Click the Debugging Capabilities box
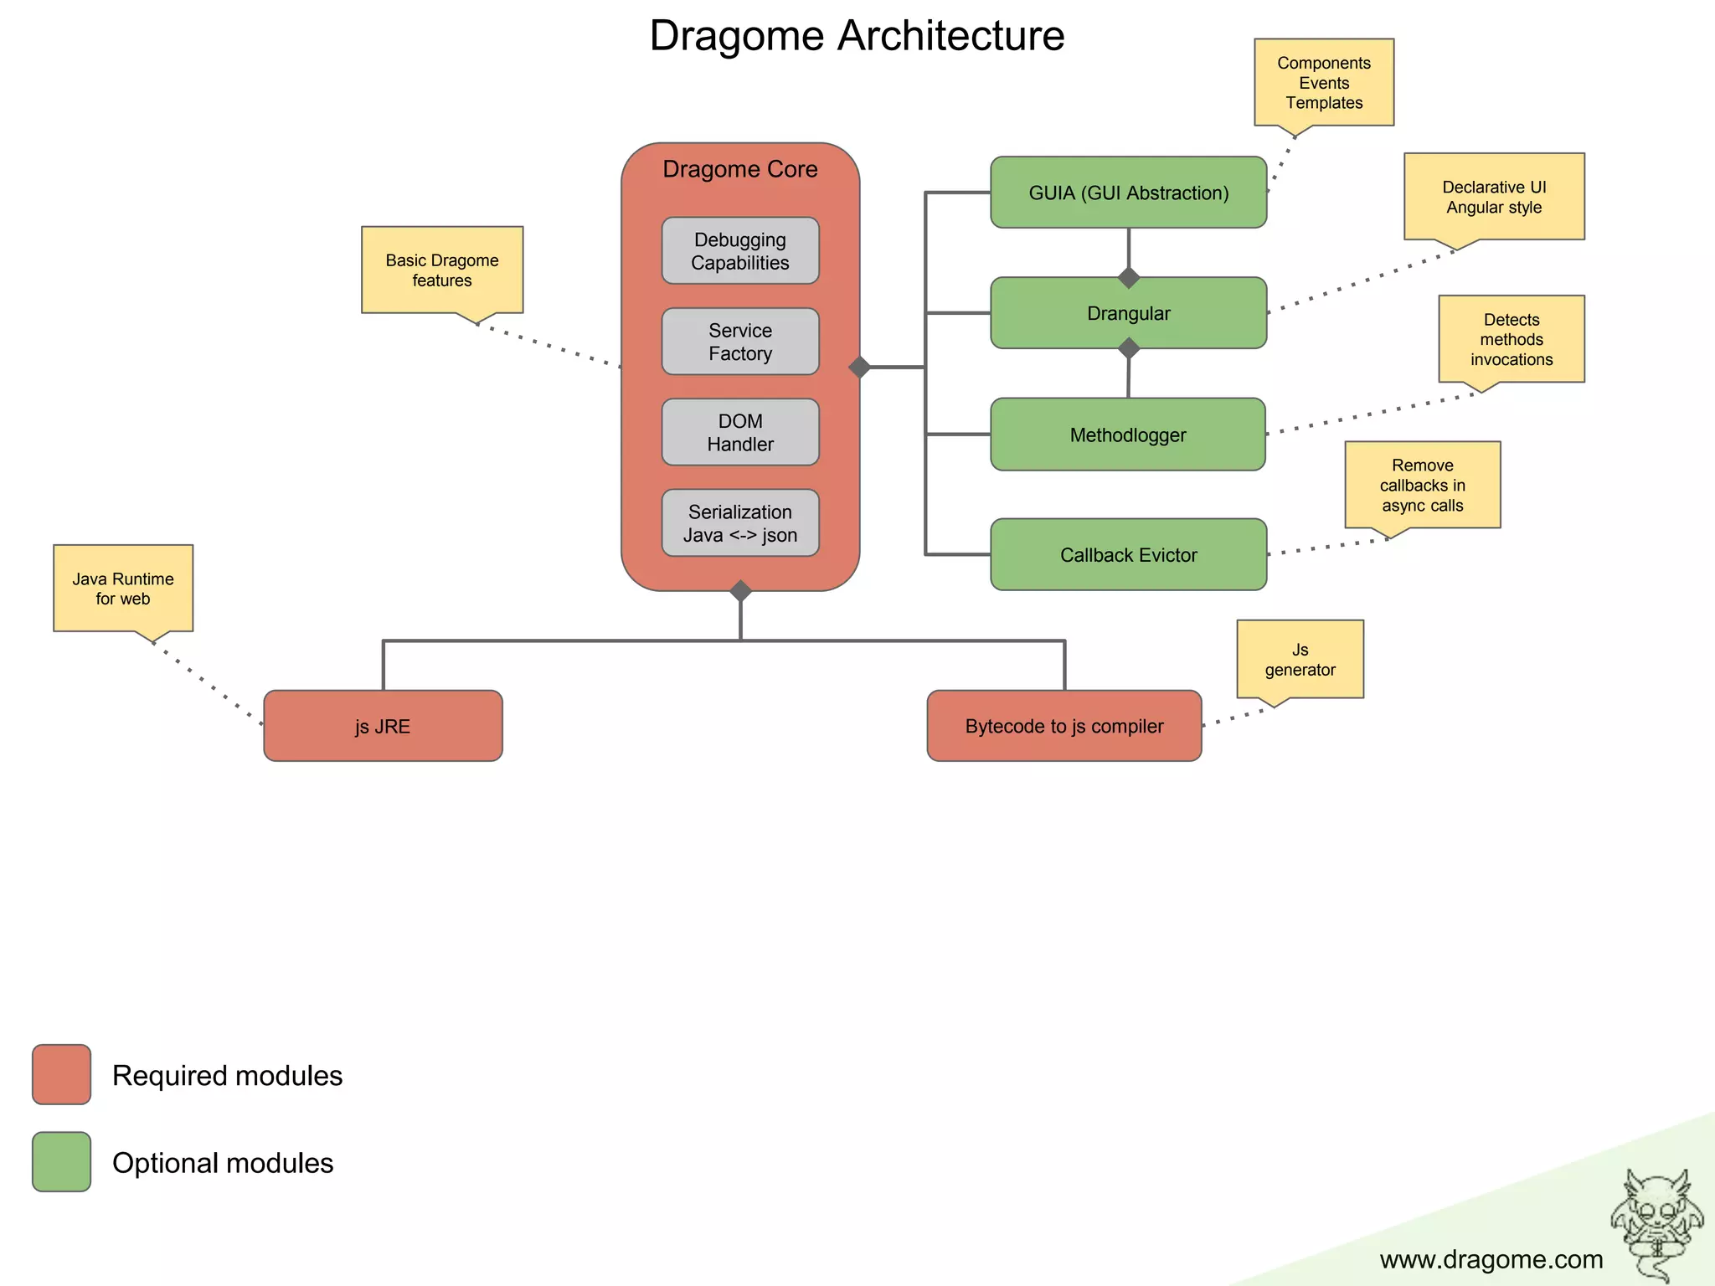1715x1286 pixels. pos(740,251)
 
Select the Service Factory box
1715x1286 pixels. pos(740,342)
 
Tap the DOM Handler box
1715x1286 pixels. pos(740,432)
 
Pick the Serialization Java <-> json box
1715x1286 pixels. pos(740,523)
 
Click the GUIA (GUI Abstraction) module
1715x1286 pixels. pos(1128,193)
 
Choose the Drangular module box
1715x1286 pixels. pos(1128,313)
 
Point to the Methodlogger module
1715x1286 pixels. pos(1128,435)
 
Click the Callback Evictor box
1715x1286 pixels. pos(1128,555)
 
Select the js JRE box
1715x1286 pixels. pos(383,726)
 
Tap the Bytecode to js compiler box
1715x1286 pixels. pos(1064,726)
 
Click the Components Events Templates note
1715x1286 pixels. pos(1323,82)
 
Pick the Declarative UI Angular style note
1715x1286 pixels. pos(1494,197)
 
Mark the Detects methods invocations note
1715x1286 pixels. pos(1512,339)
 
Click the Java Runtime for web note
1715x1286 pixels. pos(123,588)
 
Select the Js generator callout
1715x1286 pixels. pos(1300,659)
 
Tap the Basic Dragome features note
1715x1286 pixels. pos(442,270)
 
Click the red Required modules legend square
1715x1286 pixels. pos(61,1074)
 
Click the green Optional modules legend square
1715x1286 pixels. pos(61,1162)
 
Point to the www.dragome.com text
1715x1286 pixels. pos(1491,1259)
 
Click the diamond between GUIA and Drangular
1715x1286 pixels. pos(1129,277)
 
